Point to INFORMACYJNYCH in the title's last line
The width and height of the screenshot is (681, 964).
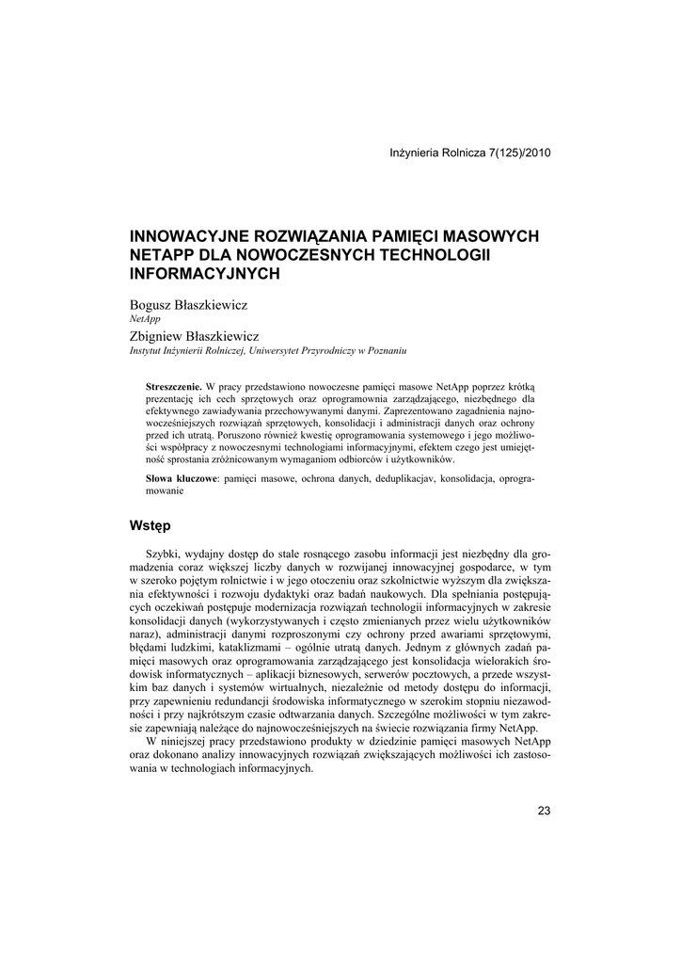[x=205, y=273]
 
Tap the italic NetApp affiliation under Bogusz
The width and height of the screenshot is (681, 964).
[x=145, y=319]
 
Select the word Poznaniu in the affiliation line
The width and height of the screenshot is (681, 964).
[x=385, y=350]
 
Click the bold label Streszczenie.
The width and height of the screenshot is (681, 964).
[x=174, y=387]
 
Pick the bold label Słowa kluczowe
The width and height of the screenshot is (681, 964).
[x=182, y=479]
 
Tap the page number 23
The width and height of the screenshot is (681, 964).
[x=544, y=811]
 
